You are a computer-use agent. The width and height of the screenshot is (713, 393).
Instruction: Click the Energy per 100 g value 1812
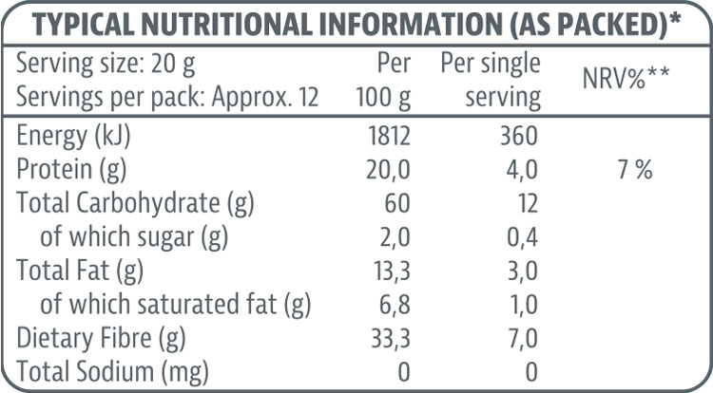389,136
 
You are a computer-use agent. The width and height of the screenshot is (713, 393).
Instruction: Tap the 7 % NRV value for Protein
632,170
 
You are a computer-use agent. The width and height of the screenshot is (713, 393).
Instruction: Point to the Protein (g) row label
72,170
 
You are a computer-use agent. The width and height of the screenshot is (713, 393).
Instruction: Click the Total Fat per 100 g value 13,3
391,271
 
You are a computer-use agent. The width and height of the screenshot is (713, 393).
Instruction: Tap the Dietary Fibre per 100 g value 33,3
390,339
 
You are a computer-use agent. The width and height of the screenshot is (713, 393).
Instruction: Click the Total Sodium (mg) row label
113,372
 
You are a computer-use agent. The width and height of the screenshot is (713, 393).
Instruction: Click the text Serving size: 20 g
106,64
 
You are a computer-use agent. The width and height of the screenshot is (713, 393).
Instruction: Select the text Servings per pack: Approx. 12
168,97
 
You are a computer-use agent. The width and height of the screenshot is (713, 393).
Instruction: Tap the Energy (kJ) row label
74,136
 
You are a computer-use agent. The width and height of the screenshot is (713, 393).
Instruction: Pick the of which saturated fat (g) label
176,305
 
